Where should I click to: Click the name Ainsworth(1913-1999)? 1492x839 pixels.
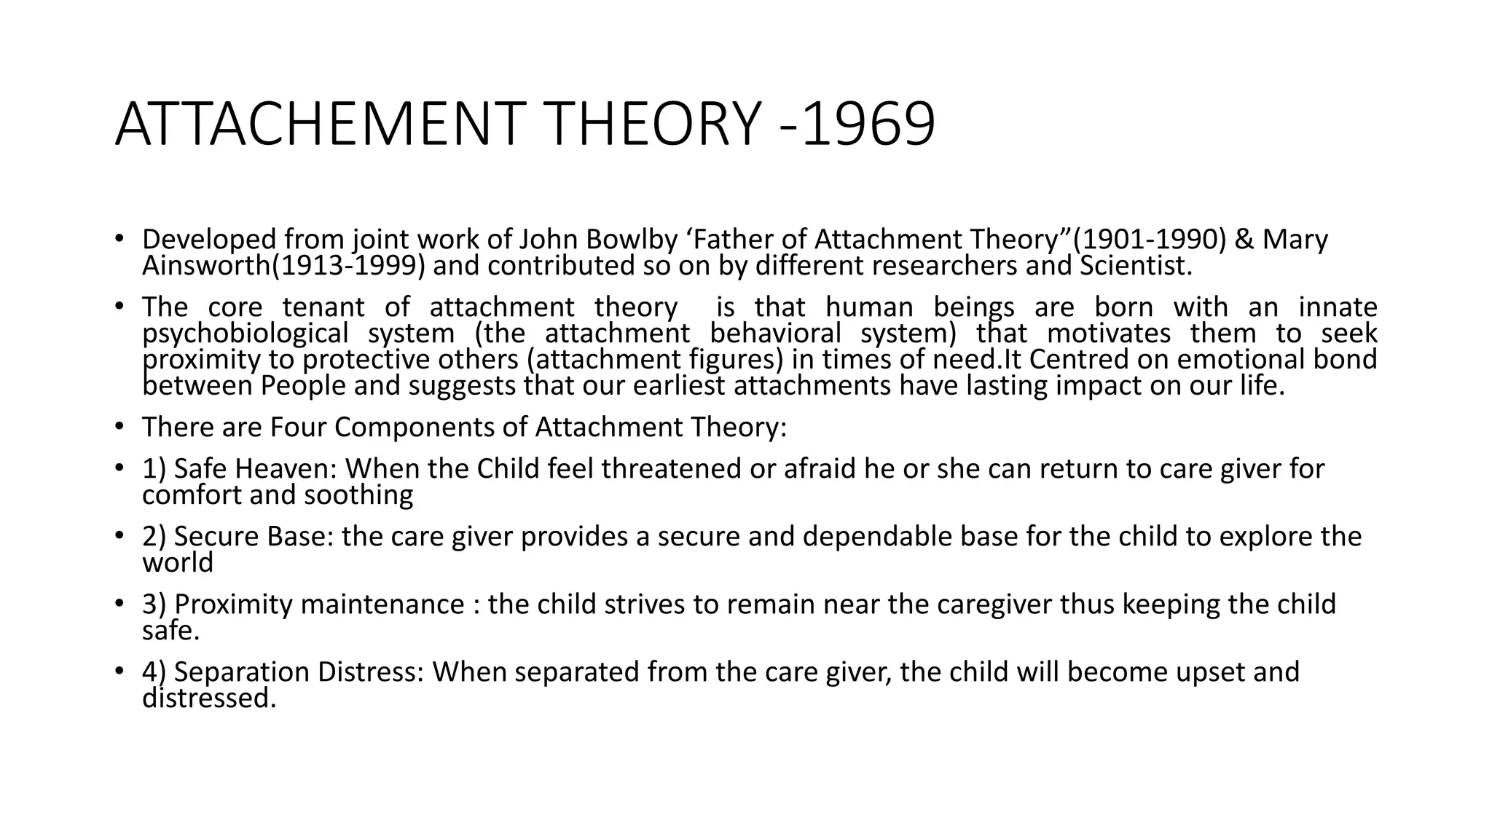point(283,266)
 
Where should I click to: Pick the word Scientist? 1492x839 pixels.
point(1135,266)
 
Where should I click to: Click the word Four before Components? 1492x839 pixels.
point(298,427)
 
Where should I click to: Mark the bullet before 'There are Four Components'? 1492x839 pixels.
point(119,427)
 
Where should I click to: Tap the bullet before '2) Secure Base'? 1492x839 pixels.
point(119,536)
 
